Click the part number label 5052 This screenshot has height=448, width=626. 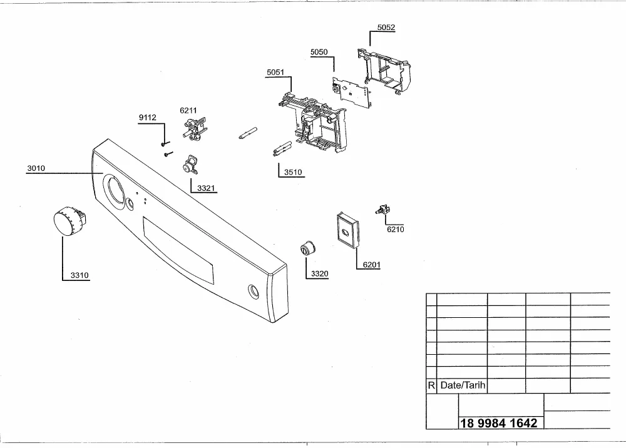(x=386, y=28)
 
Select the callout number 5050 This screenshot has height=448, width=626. (x=319, y=52)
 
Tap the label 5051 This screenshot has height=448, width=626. (x=275, y=72)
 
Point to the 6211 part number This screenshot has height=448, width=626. (x=188, y=111)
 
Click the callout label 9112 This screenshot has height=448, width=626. (x=147, y=117)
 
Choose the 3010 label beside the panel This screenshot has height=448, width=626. (x=36, y=168)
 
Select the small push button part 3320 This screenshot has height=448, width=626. (x=308, y=248)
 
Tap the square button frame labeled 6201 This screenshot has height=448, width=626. (x=347, y=231)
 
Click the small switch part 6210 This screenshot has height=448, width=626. (x=383, y=210)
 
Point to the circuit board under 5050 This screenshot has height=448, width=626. (x=352, y=92)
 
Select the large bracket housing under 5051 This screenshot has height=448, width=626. (x=314, y=121)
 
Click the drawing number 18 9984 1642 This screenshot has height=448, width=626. (x=499, y=423)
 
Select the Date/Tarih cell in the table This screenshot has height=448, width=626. (x=463, y=385)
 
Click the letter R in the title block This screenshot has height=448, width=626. (x=431, y=385)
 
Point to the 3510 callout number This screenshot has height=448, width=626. (x=293, y=172)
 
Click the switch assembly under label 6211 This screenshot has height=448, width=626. (x=195, y=128)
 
